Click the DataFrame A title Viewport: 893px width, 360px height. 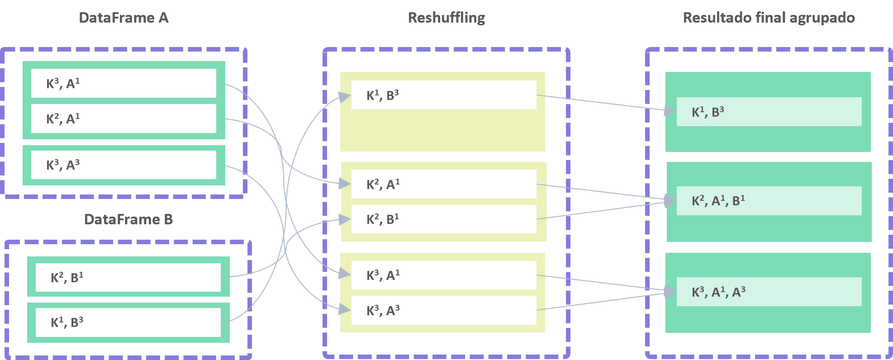(x=123, y=18)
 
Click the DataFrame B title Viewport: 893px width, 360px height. (x=128, y=219)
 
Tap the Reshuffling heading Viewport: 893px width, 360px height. (x=446, y=18)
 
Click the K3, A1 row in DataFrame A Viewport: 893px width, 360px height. (x=123, y=83)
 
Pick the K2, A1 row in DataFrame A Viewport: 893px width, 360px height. (x=123, y=118)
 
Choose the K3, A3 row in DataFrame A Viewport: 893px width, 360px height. (x=123, y=165)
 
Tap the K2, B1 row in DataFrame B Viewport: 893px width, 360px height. (x=128, y=277)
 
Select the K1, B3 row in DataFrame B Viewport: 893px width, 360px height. (x=128, y=322)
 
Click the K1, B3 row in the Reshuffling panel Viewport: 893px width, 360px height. (x=444, y=95)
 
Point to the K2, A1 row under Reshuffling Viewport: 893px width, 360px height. (x=444, y=184)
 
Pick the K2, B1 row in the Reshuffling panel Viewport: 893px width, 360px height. (x=444, y=219)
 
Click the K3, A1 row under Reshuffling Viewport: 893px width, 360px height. (x=444, y=275)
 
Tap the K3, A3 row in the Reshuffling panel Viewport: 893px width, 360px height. (x=444, y=310)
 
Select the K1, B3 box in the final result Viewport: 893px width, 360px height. (x=769, y=112)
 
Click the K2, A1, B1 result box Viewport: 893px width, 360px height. (x=769, y=201)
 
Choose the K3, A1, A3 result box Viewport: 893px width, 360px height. (x=769, y=292)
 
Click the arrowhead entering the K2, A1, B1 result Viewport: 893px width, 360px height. (x=670, y=200)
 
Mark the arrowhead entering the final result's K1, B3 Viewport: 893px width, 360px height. (x=670, y=110)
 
